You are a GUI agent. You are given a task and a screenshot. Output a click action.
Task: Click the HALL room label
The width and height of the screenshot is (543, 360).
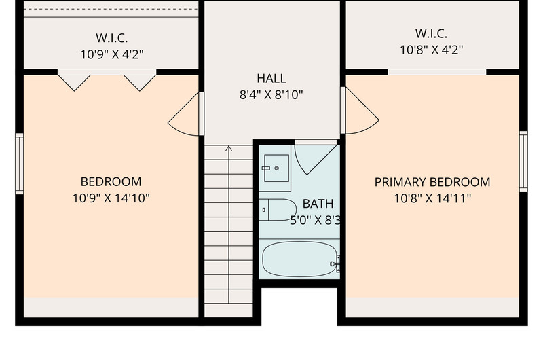[271, 78]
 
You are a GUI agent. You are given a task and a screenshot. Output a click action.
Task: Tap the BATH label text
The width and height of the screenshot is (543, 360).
[318, 204]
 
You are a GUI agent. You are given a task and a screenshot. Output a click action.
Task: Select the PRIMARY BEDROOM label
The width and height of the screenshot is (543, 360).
[432, 182]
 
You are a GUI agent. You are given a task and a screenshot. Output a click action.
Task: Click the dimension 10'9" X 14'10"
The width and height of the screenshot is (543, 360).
[111, 198]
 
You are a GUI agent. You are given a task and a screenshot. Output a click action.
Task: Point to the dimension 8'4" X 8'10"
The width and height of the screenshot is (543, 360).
[271, 94]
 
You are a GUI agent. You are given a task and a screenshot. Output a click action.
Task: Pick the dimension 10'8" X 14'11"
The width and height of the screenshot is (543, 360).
[432, 198]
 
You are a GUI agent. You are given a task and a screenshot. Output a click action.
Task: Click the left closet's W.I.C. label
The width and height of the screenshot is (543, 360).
[111, 37]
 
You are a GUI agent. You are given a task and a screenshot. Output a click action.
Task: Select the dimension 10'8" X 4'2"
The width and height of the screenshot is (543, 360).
[432, 50]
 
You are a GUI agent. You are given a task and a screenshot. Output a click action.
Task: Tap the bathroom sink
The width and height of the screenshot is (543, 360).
[276, 168]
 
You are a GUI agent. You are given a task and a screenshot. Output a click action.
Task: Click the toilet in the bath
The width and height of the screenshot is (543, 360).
[278, 210]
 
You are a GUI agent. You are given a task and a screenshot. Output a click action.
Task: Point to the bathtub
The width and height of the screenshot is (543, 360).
[299, 259]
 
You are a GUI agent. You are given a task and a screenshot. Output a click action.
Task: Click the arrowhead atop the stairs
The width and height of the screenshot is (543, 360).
[229, 149]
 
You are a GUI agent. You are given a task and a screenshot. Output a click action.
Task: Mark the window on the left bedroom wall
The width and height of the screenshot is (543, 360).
[20, 164]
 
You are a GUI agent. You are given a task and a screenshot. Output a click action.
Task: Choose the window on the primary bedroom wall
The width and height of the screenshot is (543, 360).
[523, 161]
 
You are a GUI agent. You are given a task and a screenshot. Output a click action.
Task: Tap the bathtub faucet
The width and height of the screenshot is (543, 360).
[335, 264]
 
